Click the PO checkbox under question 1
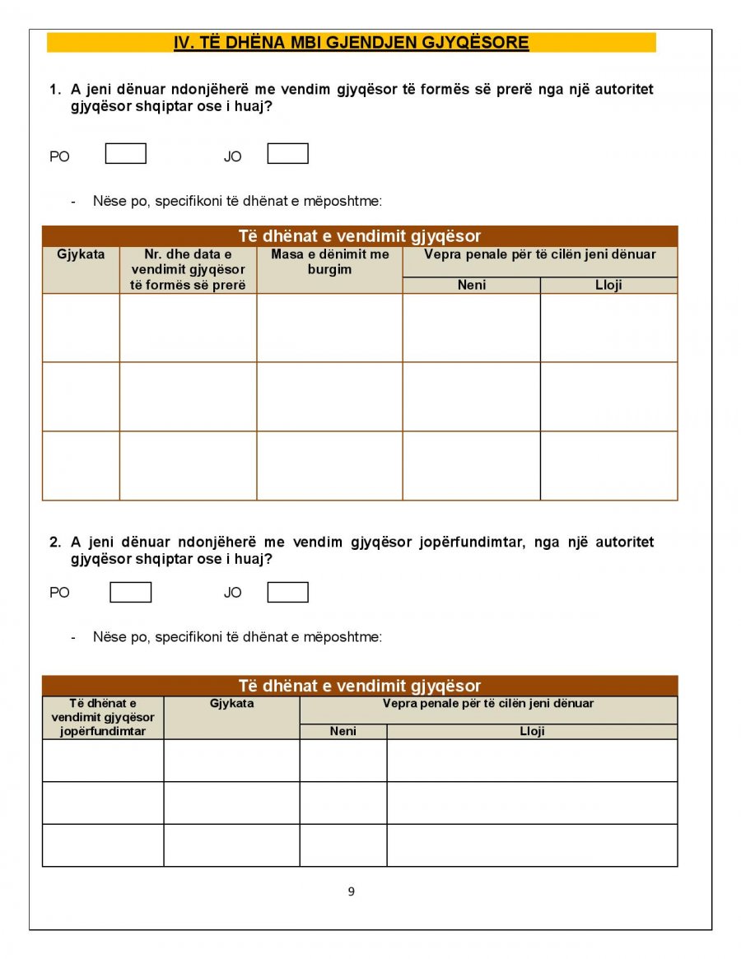(126, 154)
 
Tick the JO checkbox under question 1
(287, 154)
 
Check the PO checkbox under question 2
(130, 593)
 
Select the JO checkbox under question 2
(287, 593)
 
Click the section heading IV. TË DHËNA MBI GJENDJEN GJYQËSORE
(351, 43)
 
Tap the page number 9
(352, 891)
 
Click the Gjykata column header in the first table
(81, 254)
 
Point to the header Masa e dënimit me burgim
(329, 262)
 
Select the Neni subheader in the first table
(471, 285)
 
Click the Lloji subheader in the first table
(608, 285)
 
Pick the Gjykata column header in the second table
(231, 704)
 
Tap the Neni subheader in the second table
(343, 731)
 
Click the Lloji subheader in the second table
(532, 731)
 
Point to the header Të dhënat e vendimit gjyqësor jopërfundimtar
(103, 717)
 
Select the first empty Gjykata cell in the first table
(81, 328)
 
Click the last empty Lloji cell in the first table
(608, 465)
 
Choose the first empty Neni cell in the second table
(343, 761)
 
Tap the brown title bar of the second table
(360, 686)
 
